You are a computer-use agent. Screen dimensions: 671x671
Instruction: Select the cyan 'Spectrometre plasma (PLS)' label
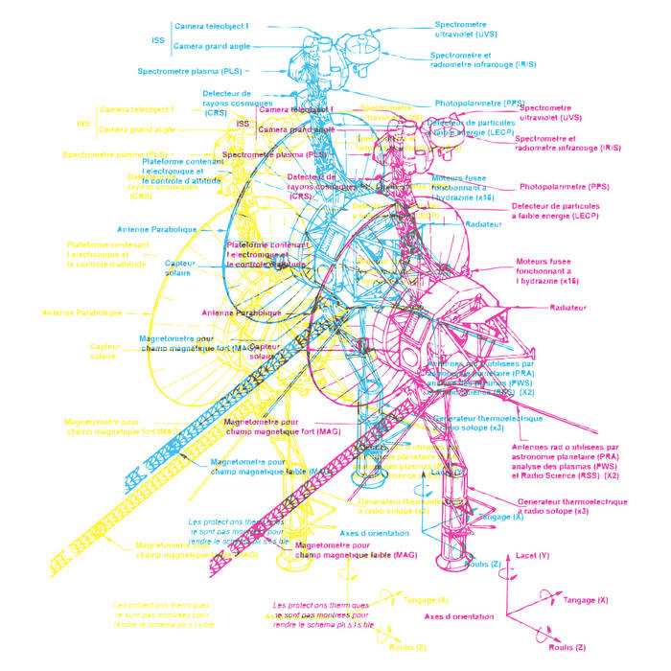tap(190, 71)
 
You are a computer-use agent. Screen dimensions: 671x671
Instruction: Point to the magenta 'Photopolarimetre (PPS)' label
tap(565, 186)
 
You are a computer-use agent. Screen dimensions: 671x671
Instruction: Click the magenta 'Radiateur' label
tap(567, 308)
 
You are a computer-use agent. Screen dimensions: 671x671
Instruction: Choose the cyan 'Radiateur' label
tap(483, 223)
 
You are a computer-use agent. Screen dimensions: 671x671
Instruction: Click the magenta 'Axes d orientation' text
tap(459, 616)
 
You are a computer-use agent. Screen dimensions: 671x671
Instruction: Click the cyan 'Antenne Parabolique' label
tap(156, 230)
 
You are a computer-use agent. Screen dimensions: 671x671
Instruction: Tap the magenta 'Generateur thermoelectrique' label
tap(572, 506)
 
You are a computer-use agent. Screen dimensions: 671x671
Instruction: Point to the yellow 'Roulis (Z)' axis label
tap(406, 647)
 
